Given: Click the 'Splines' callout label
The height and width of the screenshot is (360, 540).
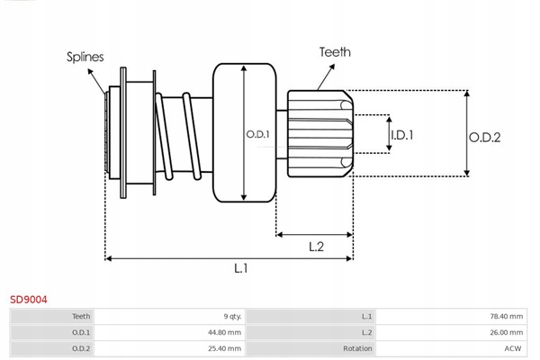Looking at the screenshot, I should tap(85, 57).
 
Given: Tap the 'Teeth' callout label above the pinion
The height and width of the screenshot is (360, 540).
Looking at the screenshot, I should tap(335, 52).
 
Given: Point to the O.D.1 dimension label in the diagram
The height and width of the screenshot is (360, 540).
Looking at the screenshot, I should tap(258, 134).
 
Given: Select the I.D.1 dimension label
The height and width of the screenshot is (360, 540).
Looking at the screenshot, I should tap(401, 135).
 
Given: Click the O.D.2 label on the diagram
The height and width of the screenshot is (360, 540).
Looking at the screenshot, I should tap(485, 137).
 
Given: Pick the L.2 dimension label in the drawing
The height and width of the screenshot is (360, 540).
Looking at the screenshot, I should tap(316, 246).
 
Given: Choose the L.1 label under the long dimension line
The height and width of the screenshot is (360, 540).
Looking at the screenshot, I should tap(240, 267).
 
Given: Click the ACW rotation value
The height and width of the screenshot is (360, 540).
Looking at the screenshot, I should tap(513, 347).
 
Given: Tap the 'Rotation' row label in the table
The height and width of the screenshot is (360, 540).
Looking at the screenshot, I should tap(357, 347).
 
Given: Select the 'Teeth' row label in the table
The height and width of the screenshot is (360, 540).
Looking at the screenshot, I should tap(81, 317).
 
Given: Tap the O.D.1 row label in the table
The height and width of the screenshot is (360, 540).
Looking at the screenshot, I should tap(82, 332).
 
